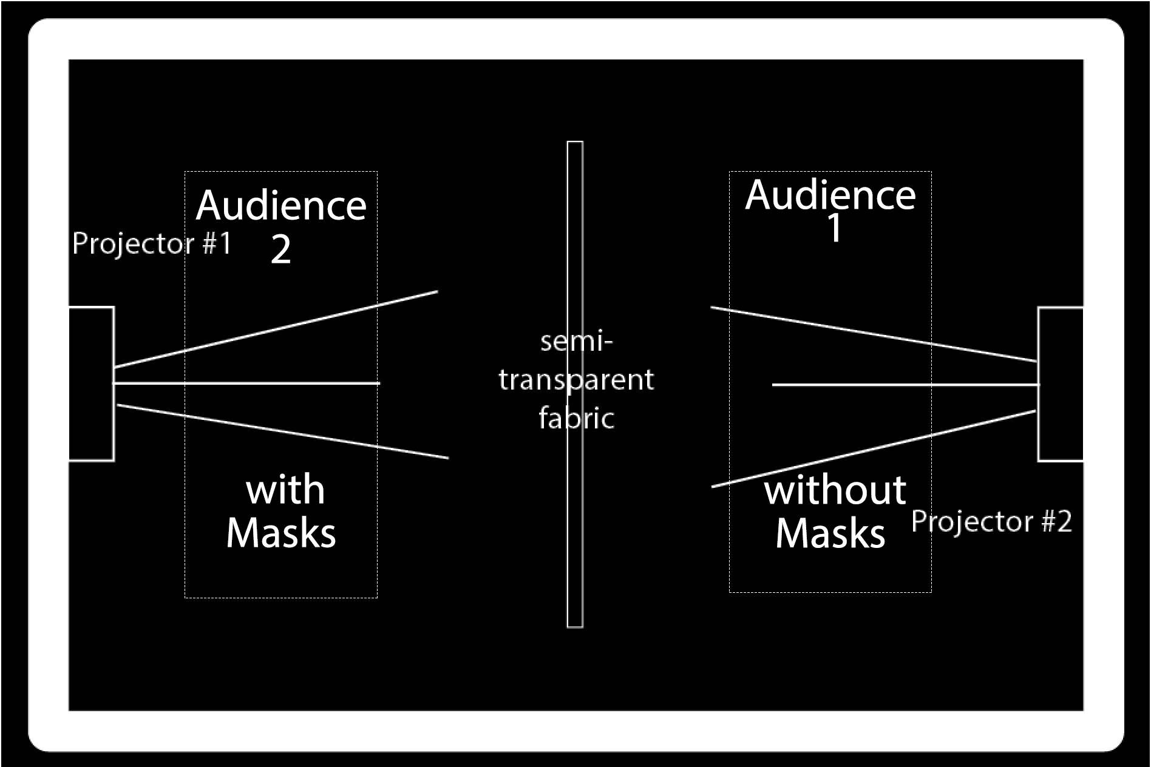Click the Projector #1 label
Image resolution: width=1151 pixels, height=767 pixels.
click(x=152, y=244)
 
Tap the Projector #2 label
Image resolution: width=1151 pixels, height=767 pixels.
click(x=991, y=522)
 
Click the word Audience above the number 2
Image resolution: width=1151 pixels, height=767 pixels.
click(x=281, y=206)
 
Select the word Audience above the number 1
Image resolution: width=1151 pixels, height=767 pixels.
click(x=830, y=195)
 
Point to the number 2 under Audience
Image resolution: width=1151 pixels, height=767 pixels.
click(x=280, y=249)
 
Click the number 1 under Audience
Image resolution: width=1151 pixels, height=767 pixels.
click(x=835, y=229)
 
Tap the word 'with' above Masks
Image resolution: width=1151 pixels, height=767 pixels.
click(x=285, y=490)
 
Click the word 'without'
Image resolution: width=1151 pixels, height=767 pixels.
click(x=835, y=490)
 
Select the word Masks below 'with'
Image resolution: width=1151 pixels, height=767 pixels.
click(x=280, y=533)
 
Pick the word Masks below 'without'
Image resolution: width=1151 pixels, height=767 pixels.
click(x=830, y=534)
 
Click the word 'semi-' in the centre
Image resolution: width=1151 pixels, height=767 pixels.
click(x=576, y=342)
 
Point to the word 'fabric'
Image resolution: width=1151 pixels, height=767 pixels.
click(x=576, y=419)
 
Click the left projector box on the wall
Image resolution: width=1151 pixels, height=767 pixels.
click(x=91, y=384)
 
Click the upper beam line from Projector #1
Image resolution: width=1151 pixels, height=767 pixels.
click(x=276, y=329)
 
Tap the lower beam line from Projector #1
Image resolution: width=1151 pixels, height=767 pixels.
click(x=282, y=431)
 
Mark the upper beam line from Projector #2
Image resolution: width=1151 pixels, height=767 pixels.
click(x=874, y=334)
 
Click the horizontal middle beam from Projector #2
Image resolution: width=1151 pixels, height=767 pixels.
click(x=905, y=385)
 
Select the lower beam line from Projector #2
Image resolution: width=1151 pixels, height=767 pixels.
click(x=874, y=449)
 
